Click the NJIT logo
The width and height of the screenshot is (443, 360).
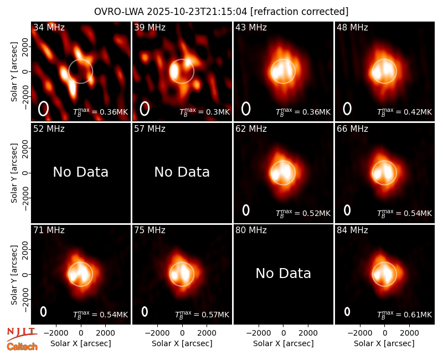coord(22,334)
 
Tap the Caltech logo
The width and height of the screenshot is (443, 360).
coord(22,347)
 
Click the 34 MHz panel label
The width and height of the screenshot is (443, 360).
coord(49,27)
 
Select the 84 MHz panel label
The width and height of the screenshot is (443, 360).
coord(352,230)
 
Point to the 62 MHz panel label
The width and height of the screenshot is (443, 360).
coord(251,129)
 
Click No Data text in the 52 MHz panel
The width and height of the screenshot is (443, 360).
coord(81,172)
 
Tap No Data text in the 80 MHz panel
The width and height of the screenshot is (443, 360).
coord(284,273)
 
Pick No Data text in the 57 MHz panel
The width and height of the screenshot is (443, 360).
coord(182,172)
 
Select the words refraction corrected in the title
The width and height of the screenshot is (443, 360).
coord(300,12)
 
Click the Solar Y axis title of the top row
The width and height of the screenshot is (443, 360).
coord(14,72)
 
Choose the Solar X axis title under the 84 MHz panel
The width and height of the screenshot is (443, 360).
coord(384,343)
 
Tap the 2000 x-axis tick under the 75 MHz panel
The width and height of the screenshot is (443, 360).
coord(207,333)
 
